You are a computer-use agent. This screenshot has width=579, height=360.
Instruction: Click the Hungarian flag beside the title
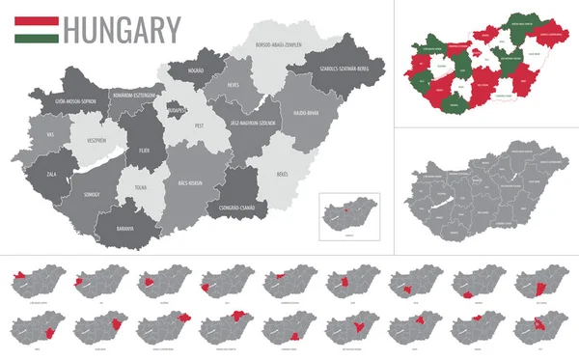37,30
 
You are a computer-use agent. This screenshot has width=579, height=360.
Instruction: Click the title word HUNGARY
122,30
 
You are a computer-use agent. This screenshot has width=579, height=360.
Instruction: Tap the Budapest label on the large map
175,111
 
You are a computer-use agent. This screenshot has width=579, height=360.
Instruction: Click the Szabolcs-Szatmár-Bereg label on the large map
338,69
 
